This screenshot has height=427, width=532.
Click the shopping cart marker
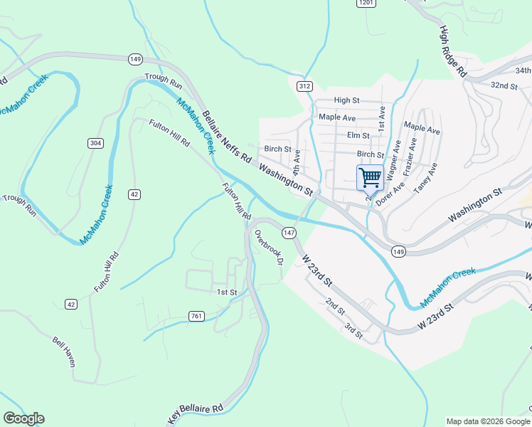click(x=370, y=177)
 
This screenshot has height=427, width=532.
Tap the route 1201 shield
click(x=366, y=4)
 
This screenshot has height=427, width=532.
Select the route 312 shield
click(x=304, y=86)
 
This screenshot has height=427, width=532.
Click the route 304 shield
click(x=95, y=143)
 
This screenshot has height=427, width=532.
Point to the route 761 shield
click(x=198, y=315)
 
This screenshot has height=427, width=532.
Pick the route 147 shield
click(x=288, y=233)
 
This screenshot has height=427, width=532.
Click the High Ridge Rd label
click(x=452, y=51)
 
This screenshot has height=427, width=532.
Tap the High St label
click(x=347, y=101)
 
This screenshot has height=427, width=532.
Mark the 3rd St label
click(x=353, y=330)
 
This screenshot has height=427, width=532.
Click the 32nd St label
click(x=504, y=85)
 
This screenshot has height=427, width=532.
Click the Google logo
click(x=23, y=418)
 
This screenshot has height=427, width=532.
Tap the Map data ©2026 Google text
click(x=488, y=421)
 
